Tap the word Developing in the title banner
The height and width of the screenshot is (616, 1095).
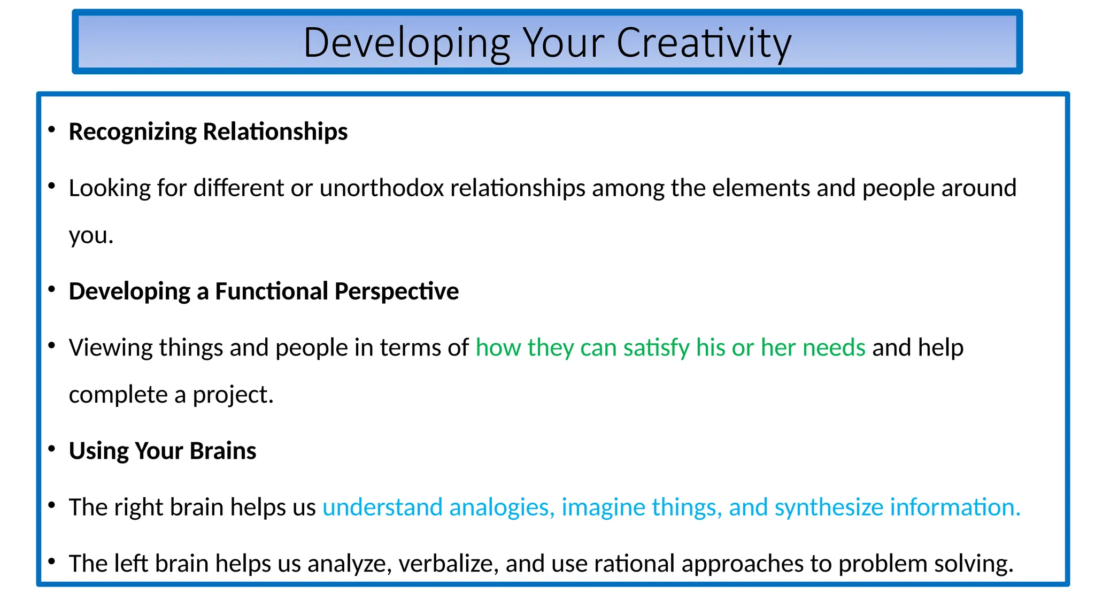[407, 43]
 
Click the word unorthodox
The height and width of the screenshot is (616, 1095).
[382, 188]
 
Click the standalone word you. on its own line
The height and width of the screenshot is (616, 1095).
[91, 236]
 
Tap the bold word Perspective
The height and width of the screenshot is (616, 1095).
[397, 291]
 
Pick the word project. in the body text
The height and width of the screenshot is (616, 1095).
[233, 395]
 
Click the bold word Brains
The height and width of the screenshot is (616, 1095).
[223, 451]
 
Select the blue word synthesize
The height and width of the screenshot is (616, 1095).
[829, 507]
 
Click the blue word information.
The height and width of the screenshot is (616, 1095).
[955, 507]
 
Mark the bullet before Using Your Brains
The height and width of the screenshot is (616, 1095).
[52, 449]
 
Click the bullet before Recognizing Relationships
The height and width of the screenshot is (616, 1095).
[52, 129]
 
